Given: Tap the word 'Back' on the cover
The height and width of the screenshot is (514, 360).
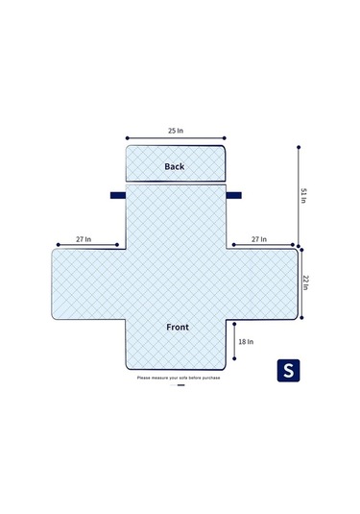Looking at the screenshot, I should (175, 166).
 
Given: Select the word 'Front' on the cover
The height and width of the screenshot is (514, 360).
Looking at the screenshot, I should (177, 327).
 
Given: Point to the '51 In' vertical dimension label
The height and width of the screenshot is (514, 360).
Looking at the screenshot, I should (304, 196).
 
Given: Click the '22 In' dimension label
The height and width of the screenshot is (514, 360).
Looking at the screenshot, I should (305, 283).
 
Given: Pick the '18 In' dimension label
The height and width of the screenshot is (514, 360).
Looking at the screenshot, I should (246, 340).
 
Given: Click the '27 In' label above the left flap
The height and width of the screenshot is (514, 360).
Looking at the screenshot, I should (84, 239).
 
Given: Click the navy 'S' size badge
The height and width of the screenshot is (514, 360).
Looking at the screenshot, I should (287, 370).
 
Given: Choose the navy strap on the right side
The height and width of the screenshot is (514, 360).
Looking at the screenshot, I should (233, 195).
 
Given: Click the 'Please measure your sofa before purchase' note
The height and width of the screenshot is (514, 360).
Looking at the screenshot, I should (180, 378).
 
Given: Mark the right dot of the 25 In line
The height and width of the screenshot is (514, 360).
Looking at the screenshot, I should (227, 136).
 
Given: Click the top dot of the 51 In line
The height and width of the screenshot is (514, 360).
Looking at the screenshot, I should (299, 147).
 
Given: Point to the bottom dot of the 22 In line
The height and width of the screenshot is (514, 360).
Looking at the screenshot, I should (299, 320).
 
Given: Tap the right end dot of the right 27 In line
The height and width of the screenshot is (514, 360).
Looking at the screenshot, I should (296, 246).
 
